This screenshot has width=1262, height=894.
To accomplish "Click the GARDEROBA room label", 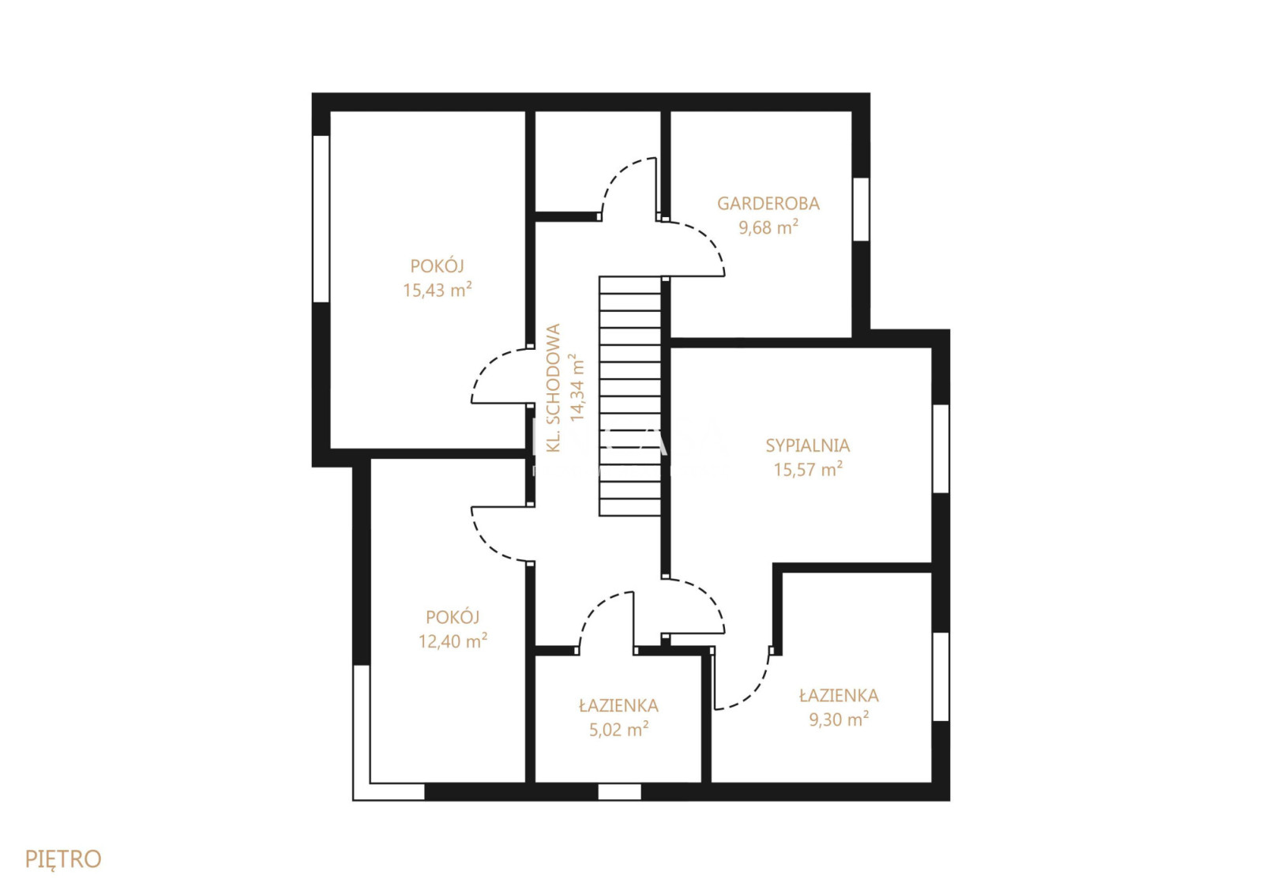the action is [768, 203].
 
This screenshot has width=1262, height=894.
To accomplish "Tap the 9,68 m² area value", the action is [768, 227].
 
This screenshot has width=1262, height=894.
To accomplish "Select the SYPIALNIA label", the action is [807, 445].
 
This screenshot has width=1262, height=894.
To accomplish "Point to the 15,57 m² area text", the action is [807, 469].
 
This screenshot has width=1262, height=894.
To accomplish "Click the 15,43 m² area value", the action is [438, 290].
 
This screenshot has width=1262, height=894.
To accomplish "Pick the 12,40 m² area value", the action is [453, 641].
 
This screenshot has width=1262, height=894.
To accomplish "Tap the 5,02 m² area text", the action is [618, 730].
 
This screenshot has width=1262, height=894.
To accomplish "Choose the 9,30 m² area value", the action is [839, 719].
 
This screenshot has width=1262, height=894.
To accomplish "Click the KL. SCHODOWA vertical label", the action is [554, 388].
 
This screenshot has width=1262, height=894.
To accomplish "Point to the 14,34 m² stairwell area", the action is [577, 388].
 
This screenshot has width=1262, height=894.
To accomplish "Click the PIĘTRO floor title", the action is [63, 859].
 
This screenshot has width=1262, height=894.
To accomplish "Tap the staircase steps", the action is [630, 396].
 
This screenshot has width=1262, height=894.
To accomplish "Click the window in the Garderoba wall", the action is [861, 209].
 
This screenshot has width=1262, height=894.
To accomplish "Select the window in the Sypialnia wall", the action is [941, 449].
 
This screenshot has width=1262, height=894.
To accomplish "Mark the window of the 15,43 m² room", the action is [321, 219].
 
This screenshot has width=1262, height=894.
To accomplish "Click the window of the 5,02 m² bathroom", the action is [619, 791].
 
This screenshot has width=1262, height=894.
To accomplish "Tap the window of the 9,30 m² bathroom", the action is [941, 677].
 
